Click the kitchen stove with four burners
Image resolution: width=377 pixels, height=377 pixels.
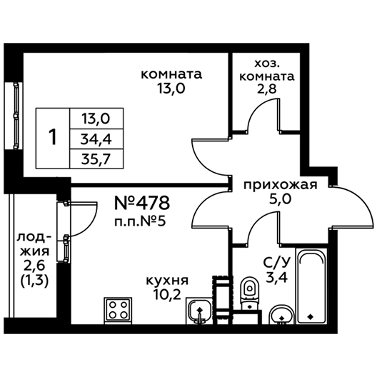coord(118,310)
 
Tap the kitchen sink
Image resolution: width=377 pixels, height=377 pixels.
coord(199,311)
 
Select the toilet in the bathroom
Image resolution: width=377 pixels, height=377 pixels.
coord(251,294)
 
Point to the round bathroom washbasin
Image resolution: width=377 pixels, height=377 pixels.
coord(281,314)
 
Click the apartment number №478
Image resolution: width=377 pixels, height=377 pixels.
coord(142,203)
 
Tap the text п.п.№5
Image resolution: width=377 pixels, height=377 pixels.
coord(140,221)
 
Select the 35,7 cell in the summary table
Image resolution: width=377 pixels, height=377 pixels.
coord(96,159)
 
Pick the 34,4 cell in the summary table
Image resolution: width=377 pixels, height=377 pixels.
coord(96,139)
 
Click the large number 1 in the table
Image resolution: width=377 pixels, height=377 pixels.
coord(52,138)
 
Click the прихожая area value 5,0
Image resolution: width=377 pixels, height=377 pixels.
coord(280,199)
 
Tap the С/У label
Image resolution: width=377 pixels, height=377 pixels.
coord(277,263)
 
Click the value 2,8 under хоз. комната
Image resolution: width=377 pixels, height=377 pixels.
coord(267,89)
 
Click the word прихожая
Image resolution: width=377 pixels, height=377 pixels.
coord(281,186)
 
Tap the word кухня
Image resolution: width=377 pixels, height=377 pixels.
coord(168,281)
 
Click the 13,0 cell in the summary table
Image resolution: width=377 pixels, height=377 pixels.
coord(96,119)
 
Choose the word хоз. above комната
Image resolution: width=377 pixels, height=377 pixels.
coord(267,64)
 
